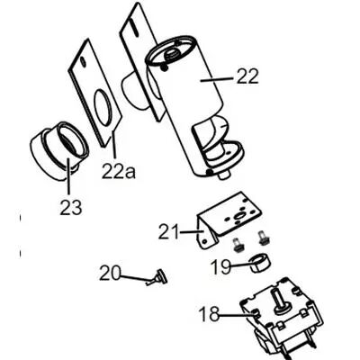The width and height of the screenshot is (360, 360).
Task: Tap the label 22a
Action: (x=120, y=168)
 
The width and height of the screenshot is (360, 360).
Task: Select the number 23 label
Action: (x=71, y=208)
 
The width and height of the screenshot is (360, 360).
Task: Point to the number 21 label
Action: (x=171, y=232)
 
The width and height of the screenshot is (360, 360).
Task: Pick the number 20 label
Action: (x=110, y=272)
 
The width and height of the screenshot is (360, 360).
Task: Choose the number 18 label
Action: (x=209, y=314)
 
